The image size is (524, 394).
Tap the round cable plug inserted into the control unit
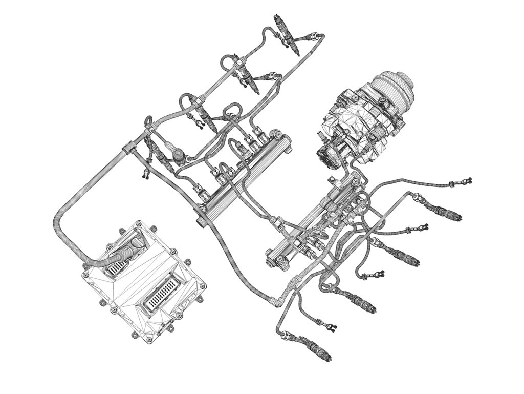[127, 250]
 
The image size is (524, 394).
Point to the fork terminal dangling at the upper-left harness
[145, 174]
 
